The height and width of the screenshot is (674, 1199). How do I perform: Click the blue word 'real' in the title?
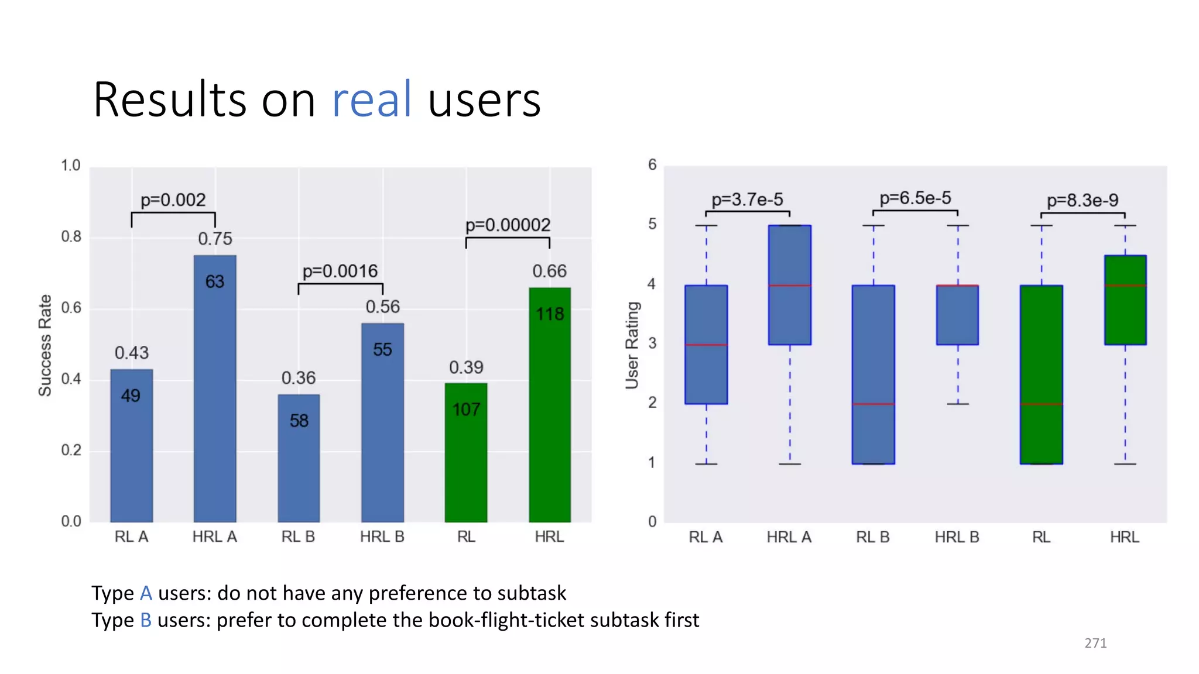click(372, 99)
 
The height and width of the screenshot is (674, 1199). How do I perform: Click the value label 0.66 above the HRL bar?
click(549, 271)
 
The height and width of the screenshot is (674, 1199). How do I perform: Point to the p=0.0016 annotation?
click(340, 271)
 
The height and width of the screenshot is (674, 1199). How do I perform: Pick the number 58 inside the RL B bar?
click(299, 421)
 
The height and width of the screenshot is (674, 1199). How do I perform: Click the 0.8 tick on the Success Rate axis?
click(71, 236)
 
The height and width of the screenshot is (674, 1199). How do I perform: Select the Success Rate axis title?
click(45, 345)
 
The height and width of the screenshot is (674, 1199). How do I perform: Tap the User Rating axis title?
click(632, 345)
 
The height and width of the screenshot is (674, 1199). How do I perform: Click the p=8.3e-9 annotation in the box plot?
click(1082, 200)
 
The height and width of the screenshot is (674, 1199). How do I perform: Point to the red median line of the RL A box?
click(706, 345)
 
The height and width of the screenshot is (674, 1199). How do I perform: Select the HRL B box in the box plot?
click(957, 315)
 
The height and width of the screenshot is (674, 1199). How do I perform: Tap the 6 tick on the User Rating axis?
click(652, 165)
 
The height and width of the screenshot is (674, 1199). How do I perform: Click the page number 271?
click(1095, 643)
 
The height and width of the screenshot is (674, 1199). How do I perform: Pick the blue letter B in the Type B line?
click(146, 620)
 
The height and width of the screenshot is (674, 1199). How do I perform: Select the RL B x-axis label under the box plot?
click(872, 537)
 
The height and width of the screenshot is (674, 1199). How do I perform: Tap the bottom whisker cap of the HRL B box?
click(958, 404)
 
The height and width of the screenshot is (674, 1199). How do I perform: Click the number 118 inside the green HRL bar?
click(550, 314)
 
